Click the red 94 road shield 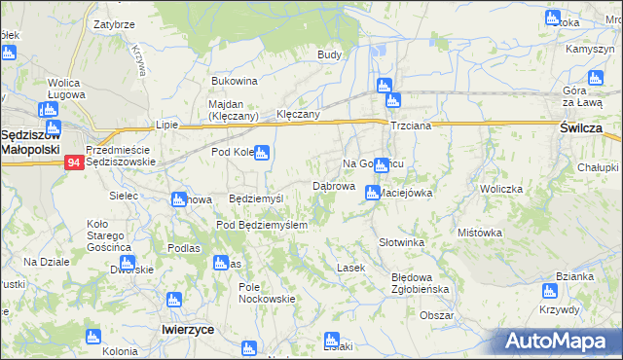point(74,163)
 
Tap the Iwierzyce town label point(188,330)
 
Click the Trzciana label point(410,127)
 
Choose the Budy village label point(329,55)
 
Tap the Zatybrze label point(113,22)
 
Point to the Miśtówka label point(479,233)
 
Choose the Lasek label point(350,268)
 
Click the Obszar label point(437,315)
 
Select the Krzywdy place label point(558,309)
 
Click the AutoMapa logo point(559,342)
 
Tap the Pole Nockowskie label point(266,293)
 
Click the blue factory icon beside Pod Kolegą point(261,152)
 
